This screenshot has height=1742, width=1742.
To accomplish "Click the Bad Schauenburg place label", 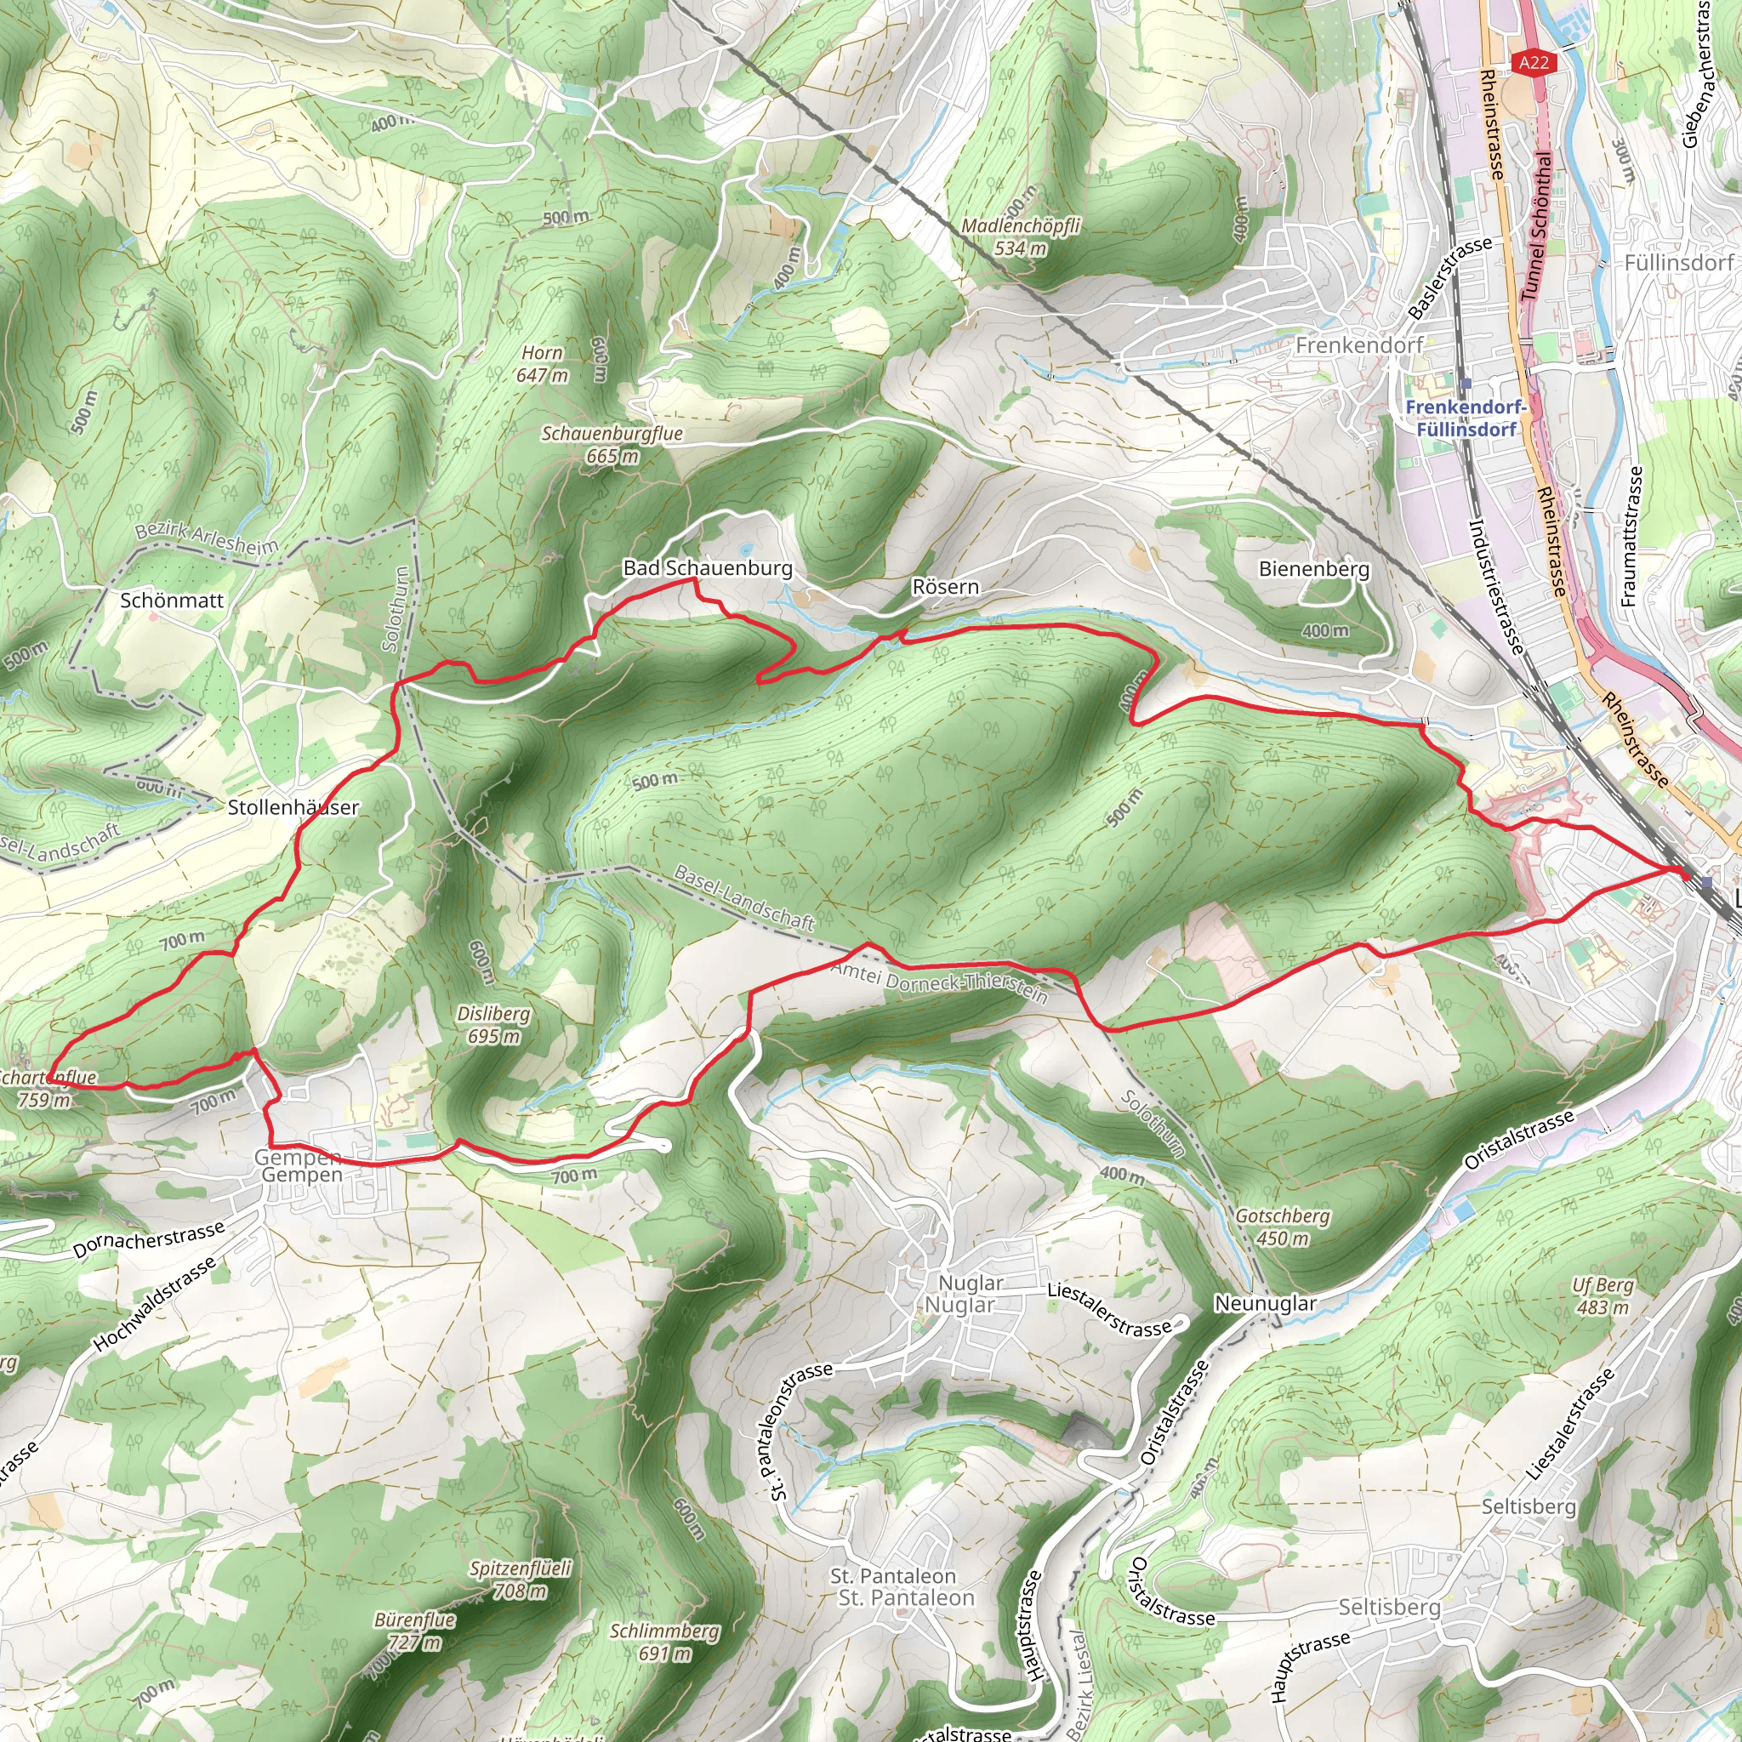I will (708, 568).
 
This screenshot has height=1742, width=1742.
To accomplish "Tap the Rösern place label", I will (945, 587).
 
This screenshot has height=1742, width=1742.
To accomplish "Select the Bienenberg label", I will (1313, 569).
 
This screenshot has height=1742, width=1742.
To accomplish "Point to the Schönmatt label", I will (171, 601).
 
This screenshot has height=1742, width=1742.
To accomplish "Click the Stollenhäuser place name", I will (293, 807).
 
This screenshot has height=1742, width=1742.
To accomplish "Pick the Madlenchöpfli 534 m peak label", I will (1021, 236).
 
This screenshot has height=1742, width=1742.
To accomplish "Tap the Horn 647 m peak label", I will (542, 364).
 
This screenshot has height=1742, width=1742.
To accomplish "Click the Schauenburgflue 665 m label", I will (612, 445).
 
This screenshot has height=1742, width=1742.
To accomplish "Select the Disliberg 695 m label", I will (493, 1024).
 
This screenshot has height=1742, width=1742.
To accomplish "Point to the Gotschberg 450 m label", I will (1282, 1227).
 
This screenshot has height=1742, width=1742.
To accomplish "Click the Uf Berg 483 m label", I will (1603, 1295).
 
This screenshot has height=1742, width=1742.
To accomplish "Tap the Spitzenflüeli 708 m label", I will (521, 1580).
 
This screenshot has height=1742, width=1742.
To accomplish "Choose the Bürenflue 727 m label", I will (415, 1631).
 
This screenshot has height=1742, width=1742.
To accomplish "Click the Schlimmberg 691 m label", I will (664, 1642).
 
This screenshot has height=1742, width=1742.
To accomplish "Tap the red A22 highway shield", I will (1533, 62).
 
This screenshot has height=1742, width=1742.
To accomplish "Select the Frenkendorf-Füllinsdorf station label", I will (1466, 418).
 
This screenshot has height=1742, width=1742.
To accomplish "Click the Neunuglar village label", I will (1265, 1303).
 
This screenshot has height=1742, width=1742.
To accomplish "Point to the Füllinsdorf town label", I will (1679, 262).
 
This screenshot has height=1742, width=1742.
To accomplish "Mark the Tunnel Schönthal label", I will (1537, 225).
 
